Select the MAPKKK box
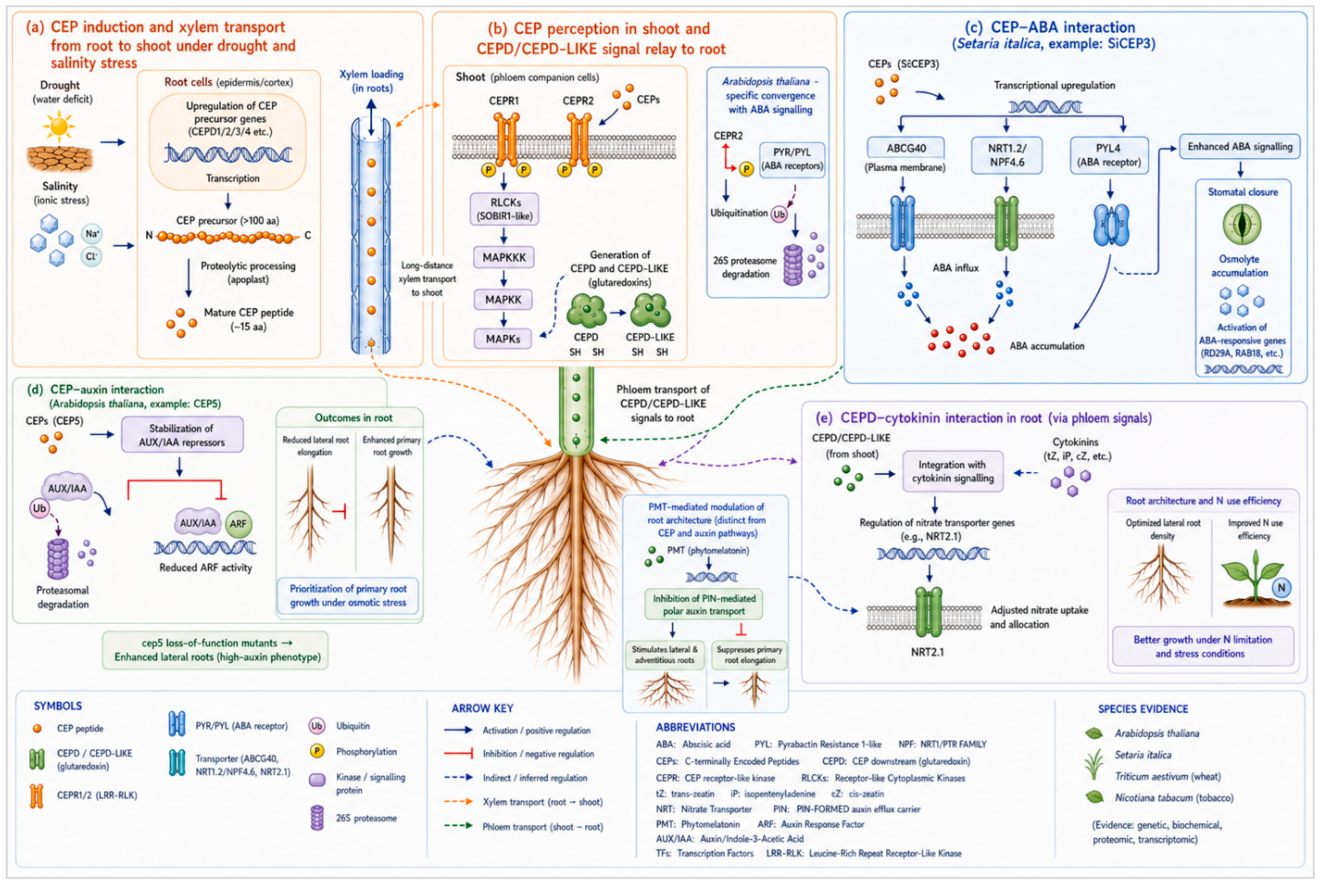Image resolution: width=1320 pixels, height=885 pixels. pos(503,257)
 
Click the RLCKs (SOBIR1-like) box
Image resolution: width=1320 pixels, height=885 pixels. pos(504,209)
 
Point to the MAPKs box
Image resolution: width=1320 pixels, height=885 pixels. pos(503,339)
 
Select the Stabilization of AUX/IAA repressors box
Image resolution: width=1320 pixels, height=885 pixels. pos(182,435)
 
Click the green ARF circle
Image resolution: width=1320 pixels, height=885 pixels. pos(238,524)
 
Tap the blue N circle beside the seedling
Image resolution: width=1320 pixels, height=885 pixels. pos(1281,588)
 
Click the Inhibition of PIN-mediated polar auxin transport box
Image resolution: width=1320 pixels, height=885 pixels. pos(704,604)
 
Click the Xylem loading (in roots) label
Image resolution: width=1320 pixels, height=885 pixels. pos(371,81)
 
